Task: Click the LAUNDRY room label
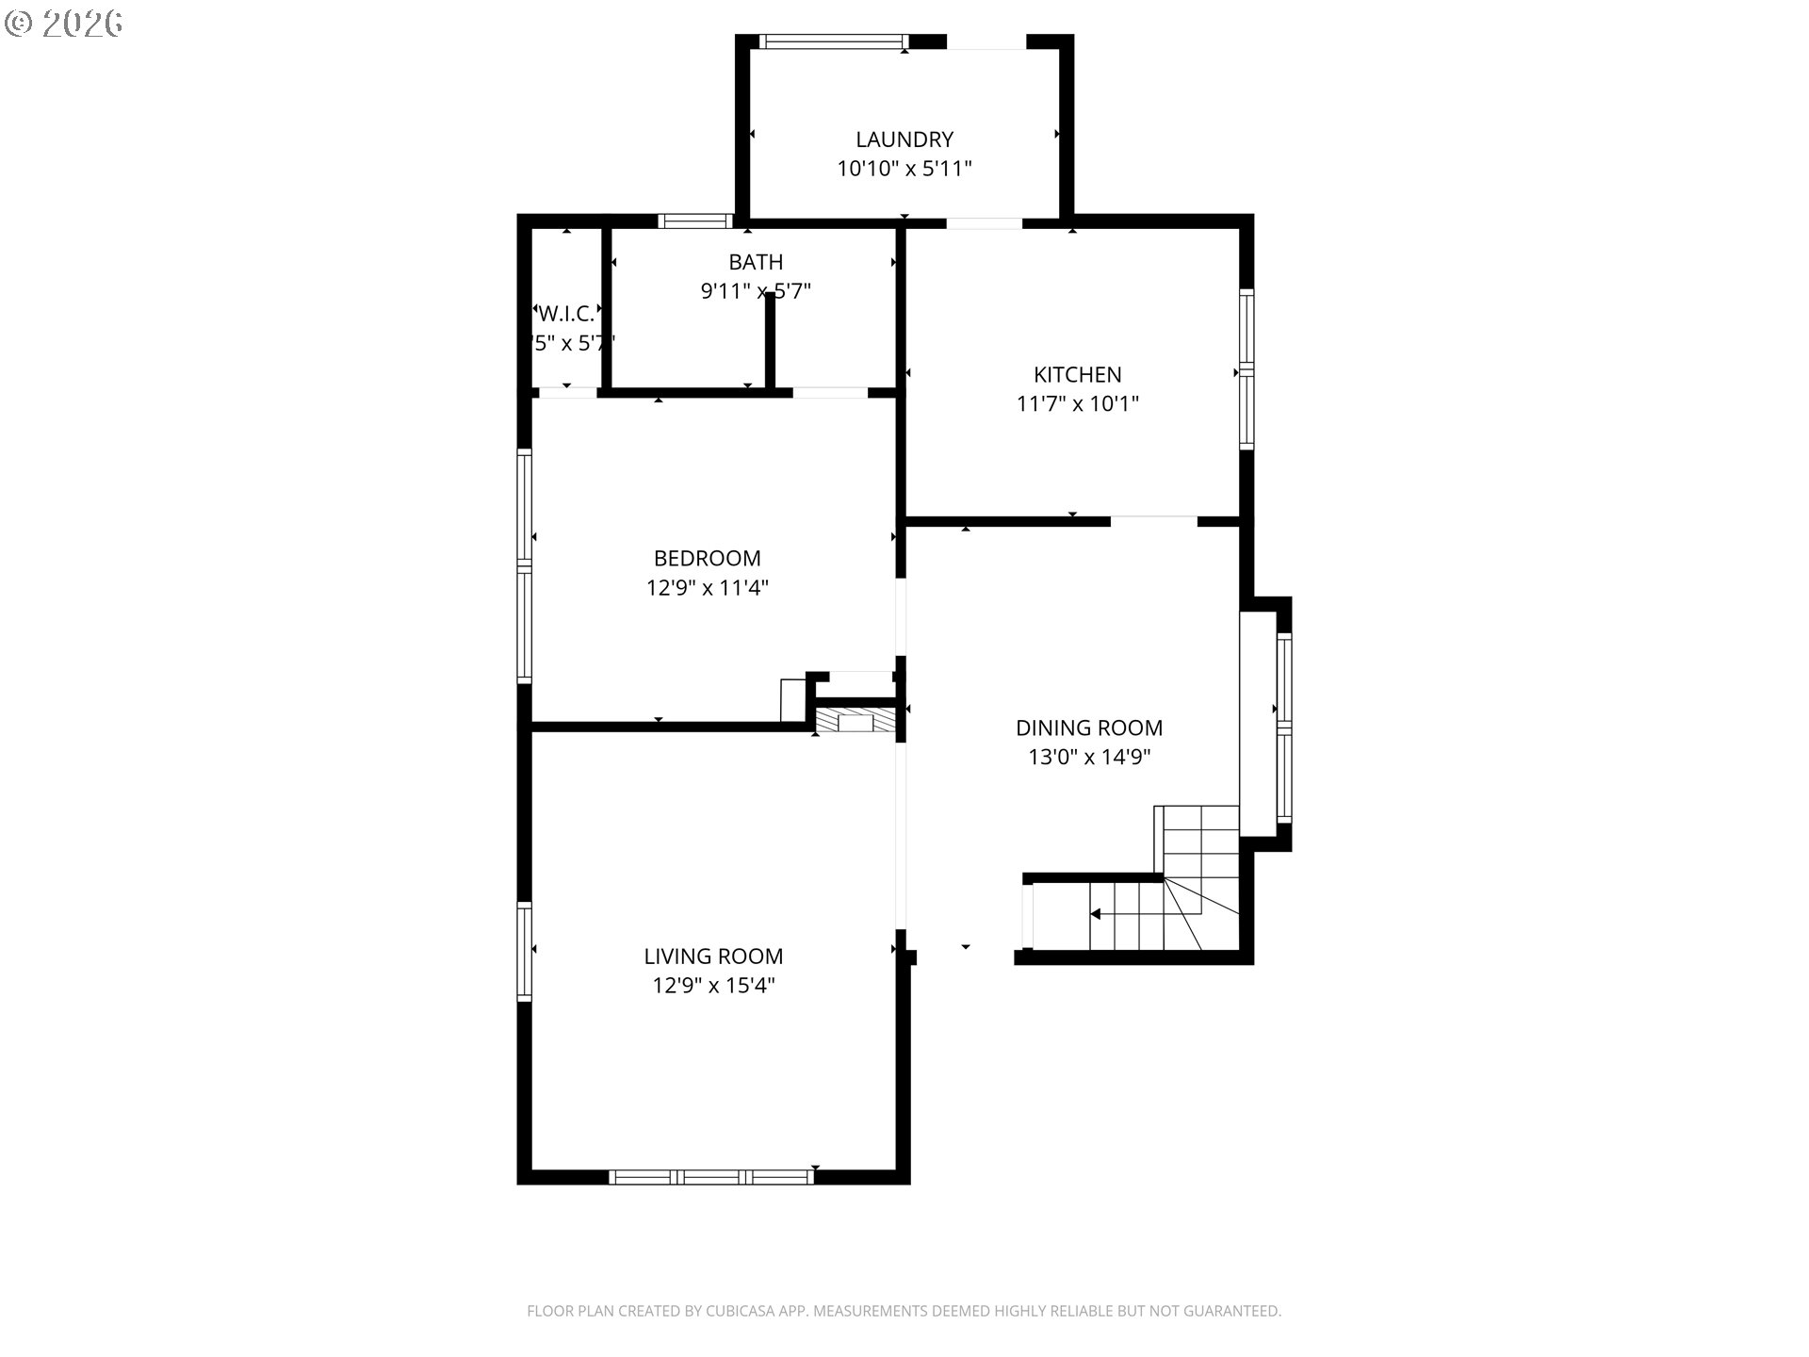coord(904,139)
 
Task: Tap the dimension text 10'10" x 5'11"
coord(904,169)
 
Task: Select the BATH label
coord(756,262)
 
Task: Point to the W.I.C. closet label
coord(566,314)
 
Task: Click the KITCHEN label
coord(1078,374)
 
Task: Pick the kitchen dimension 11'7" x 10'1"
coord(1078,404)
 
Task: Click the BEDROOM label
coord(707,558)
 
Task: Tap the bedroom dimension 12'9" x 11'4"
coord(707,588)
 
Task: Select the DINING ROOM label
coord(1089,728)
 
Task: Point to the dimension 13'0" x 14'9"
coord(1089,757)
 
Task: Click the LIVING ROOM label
coord(713,956)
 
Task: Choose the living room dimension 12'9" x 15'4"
coord(713,986)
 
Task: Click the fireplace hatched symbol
coord(855,723)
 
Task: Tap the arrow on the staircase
coord(1097,914)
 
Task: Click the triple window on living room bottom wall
coord(711,1176)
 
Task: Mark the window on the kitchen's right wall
coord(1247,368)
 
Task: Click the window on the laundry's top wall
coord(833,41)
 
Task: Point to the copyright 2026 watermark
coord(64,24)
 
